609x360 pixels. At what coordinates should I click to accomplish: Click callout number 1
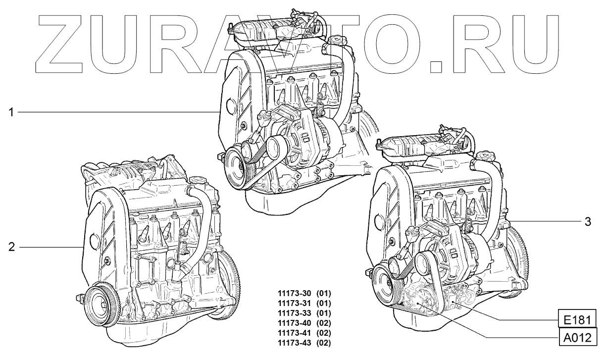11,112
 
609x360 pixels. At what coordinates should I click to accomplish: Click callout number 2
11,247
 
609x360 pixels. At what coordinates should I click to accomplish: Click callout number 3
588,222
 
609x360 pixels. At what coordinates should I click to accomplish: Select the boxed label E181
577,320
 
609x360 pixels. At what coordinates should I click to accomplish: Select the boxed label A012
577,338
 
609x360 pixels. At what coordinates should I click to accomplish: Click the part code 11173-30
294,294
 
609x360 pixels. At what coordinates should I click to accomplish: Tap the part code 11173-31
294,304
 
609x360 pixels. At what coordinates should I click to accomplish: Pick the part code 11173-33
294,313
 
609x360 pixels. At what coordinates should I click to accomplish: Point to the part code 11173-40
294,323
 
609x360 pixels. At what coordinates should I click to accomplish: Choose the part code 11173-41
294,333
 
